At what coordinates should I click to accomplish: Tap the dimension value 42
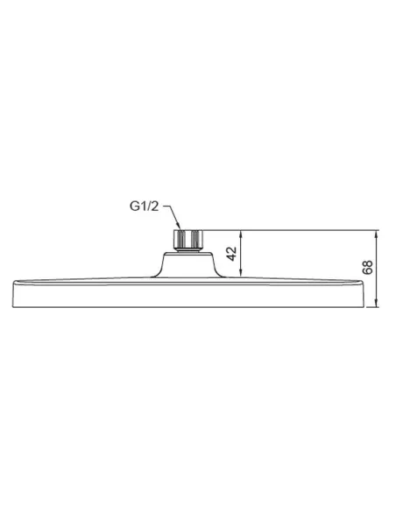pyautogui.click(x=232, y=255)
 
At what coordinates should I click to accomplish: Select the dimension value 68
pyautogui.click(x=367, y=269)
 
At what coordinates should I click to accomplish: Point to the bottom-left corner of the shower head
pyautogui.click(x=14, y=307)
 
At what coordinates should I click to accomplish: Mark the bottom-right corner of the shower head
pyautogui.click(x=359, y=307)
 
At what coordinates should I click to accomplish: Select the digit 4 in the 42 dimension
pyautogui.click(x=232, y=259)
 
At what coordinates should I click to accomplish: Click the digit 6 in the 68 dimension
pyautogui.click(x=367, y=273)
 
